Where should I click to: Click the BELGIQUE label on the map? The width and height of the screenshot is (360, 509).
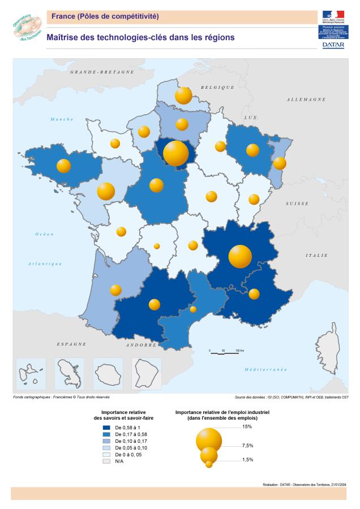pyautogui.click(x=217, y=87)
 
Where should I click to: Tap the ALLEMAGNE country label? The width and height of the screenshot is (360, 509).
pyautogui.click(x=306, y=99)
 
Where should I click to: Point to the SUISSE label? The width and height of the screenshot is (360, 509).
pyautogui.click(x=297, y=203)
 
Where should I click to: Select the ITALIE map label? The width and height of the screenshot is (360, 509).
pyautogui.click(x=316, y=255)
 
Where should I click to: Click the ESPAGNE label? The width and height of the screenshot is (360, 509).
pyautogui.click(x=71, y=344)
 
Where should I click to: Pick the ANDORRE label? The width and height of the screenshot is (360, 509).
pyautogui.click(x=141, y=344)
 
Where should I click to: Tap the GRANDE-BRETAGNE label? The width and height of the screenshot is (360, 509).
pyautogui.click(x=102, y=72)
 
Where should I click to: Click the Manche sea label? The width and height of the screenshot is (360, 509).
pyautogui.click(x=62, y=119)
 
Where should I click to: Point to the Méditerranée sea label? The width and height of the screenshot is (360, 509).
pyautogui.click(x=265, y=369)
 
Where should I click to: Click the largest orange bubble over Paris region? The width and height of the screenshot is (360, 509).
pyautogui.click(x=175, y=153)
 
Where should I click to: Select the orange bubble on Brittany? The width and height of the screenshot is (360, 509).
pyautogui.click(x=64, y=166)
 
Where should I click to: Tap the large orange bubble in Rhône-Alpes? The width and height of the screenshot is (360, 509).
pyautogui.click(x=240, y=256)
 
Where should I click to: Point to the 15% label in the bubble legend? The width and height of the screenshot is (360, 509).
pyautogui.click(x=247, y=426)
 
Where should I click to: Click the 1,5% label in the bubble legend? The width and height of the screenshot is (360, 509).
pyautogui.click(x=247, y=460)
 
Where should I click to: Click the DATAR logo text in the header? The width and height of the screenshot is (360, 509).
pyautogui.click(x=333, y=45)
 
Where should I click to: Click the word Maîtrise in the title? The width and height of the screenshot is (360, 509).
pyautogui.click(x=65, y=37)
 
